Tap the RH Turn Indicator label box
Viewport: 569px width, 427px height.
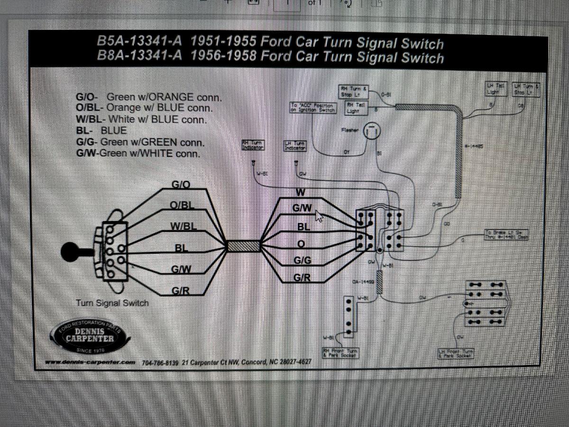[x=253, y=145]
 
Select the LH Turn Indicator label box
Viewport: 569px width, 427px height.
[x=295, y=146]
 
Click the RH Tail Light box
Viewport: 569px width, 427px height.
[x=356, y=107]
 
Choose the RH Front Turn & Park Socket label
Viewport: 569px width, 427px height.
[x=341, y=353]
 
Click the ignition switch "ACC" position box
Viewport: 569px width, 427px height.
[x=313, y=108]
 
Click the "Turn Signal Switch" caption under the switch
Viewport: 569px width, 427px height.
[x=112, y=303]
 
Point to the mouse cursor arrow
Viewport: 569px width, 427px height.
[x=319, y=216]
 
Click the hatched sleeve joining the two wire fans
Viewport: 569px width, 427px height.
[x=244, y=246]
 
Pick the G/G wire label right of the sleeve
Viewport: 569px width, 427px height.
[x=302, y=260]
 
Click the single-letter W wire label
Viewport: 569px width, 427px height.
[x=300, y=192]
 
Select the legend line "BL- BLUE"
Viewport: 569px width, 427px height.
[x=101, y=130]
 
